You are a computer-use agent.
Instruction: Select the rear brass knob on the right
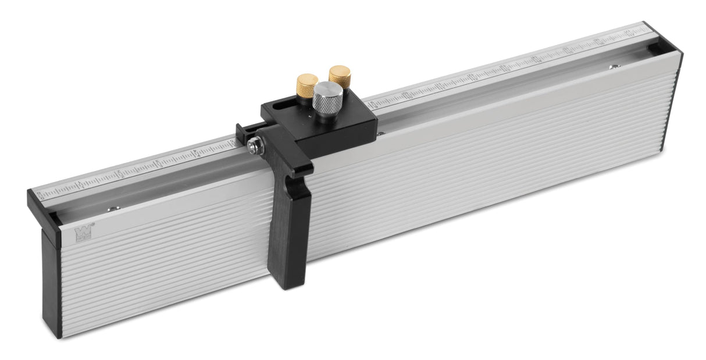point(339,76)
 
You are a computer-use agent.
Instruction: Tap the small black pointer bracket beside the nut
point(243,133)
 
